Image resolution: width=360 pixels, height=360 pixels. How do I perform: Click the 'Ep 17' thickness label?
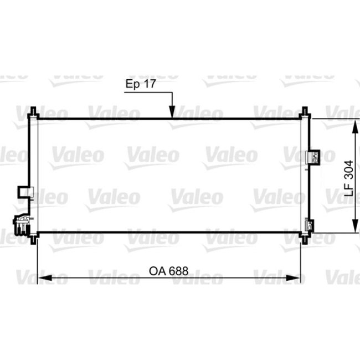coord(141,85)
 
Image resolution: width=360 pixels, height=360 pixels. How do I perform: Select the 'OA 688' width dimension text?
coord(168,271)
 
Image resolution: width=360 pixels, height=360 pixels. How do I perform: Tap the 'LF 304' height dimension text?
coord(348,175)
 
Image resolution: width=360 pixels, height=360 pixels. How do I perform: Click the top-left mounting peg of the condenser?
coord(33,112)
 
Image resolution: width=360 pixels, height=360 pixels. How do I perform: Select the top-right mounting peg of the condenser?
coord(304,112)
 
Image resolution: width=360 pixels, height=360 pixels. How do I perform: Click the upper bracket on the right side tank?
coord(313,157)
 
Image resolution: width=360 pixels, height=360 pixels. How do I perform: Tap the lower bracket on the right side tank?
coord(310,225)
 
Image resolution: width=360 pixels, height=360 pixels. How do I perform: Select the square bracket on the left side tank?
coord(25,191)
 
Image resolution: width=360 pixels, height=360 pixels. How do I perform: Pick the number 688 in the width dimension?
coord(178,271)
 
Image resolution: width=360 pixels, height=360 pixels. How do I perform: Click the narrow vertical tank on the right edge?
coord(304,175)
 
